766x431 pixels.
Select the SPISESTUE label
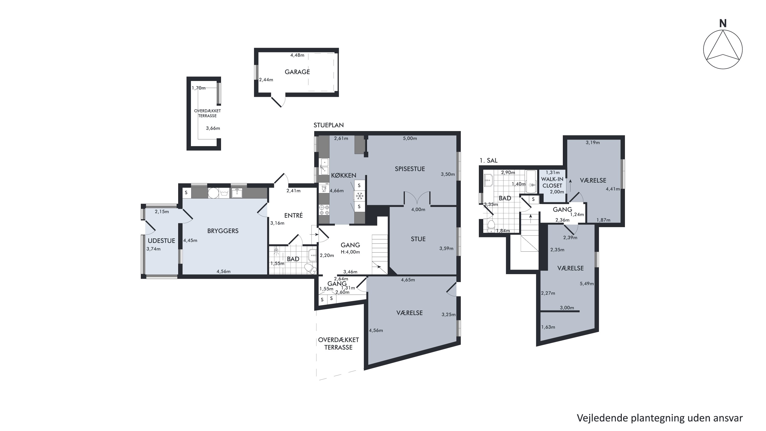point(410,169)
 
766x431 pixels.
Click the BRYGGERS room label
point(223,231)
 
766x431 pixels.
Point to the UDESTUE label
point(161,241)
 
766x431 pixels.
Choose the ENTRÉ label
point(293,215)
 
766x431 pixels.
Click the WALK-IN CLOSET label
point(552,182)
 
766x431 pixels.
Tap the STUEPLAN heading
point(329,125)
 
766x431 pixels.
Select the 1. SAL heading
point(488,160)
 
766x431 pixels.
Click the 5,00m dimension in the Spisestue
point(410,138)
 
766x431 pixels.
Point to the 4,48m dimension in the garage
point(297,55)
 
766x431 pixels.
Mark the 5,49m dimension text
point(587,284)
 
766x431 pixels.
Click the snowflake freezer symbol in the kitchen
point(360,196)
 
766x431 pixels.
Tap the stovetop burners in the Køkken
point(324,209)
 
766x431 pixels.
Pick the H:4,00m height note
point(350,252)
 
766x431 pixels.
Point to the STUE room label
point(418,239)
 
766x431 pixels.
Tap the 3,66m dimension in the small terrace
point(213,128)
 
